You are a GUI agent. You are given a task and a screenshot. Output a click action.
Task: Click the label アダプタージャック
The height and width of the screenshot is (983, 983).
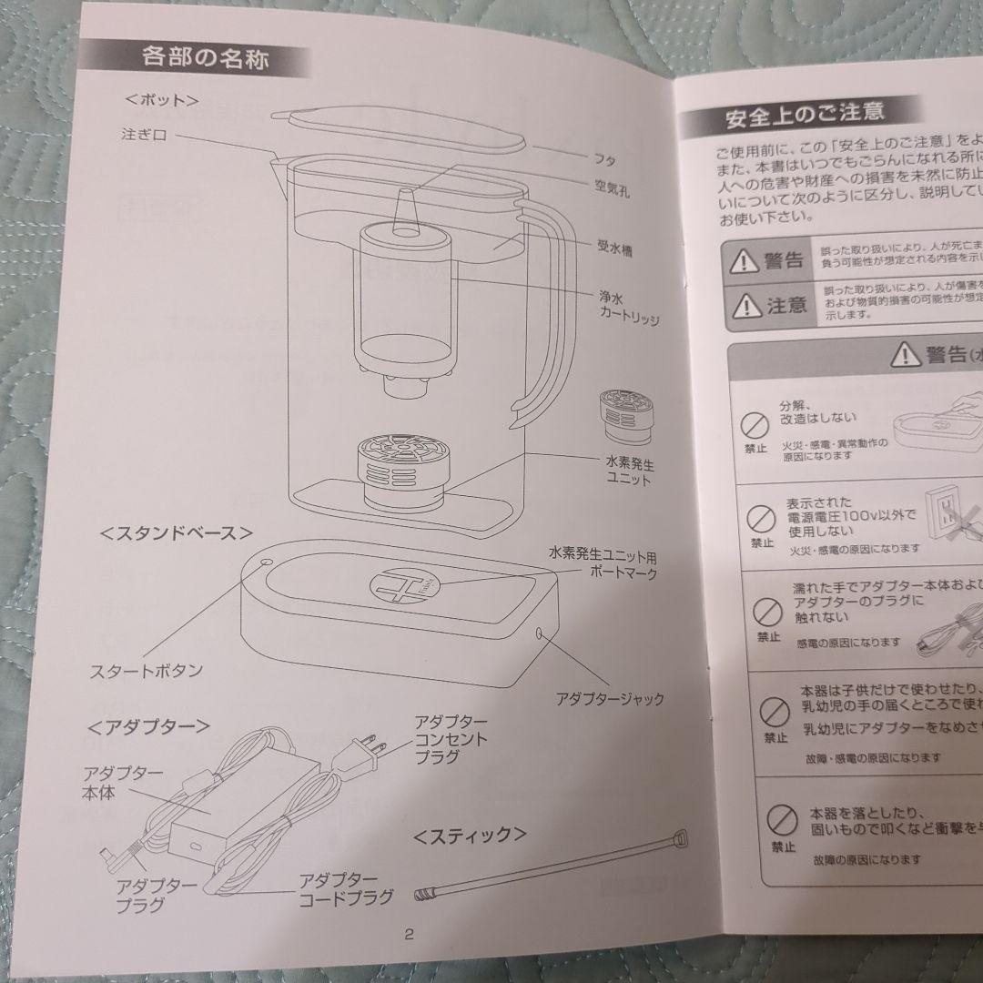[x=610, y=699]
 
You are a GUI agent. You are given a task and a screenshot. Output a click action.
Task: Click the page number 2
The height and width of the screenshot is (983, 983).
[x=409, y=934]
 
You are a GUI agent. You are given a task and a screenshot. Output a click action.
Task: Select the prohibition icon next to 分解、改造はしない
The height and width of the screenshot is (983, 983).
[x=752, y=423]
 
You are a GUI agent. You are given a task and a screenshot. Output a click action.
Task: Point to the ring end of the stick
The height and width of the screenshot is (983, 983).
[x=679, y=838]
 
